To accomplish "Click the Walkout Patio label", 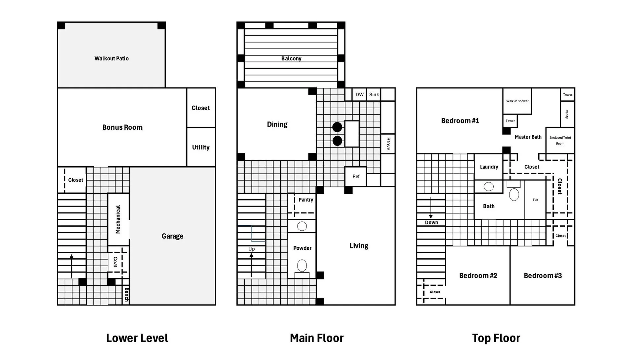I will (x=112, y=58).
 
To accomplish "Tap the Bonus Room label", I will (x=123, y=127).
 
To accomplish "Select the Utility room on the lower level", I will (x=201, y=147).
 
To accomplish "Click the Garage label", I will (x=172, y=236).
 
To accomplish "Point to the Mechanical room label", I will (x=118, y=219).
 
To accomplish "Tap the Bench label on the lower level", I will (x=126, y=295).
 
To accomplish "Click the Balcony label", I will (x=291, y=58).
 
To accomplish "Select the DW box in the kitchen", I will (x=360, y=94).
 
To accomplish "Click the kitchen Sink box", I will (x=374, y=94).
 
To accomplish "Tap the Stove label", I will (x=388, y=144).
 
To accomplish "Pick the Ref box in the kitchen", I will (x=356, y=177).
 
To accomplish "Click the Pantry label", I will (x=306, y=200).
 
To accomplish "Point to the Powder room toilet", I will (x=302, y=266).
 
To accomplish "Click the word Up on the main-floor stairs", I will (x=252, y=249).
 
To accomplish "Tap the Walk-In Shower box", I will (x=517, y=101).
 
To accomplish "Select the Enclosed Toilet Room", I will (x=560, y=141).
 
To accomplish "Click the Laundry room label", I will (x=489, y=167).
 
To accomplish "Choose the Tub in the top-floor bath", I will (x=535, y=200).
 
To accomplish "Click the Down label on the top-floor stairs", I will (x=431, y=222).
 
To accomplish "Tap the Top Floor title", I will (x=496, y=338).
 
